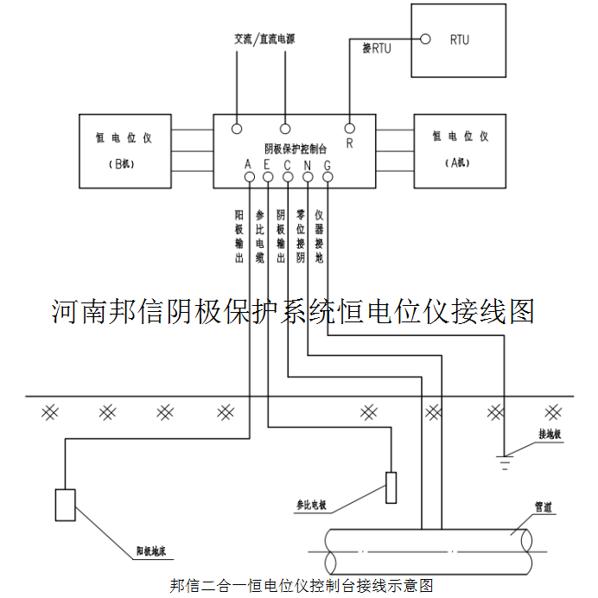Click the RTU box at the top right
pyautogui.click(x=459, y=40)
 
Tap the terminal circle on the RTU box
pyautogui.click(x=424, y=39)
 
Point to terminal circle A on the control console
pyautogui.click(x=248, y=178)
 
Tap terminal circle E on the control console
pyautogui.click(x=268, y=178)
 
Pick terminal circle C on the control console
pyautogui.click(x=288, y=178)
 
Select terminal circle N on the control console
pyautogui.click(x=308, y=178)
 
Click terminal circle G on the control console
pyautogui.click(x=328, y=178)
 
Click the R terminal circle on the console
pyautogui.click(x=350, y=128)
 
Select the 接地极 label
pyautogui.click(x=550, y=434)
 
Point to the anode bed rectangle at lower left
pyautogui.click(x=66, y=504)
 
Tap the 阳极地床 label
pyautogui.click(x=156, y=550)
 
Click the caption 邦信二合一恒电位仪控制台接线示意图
pyautogui.click(x=300, y=585)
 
